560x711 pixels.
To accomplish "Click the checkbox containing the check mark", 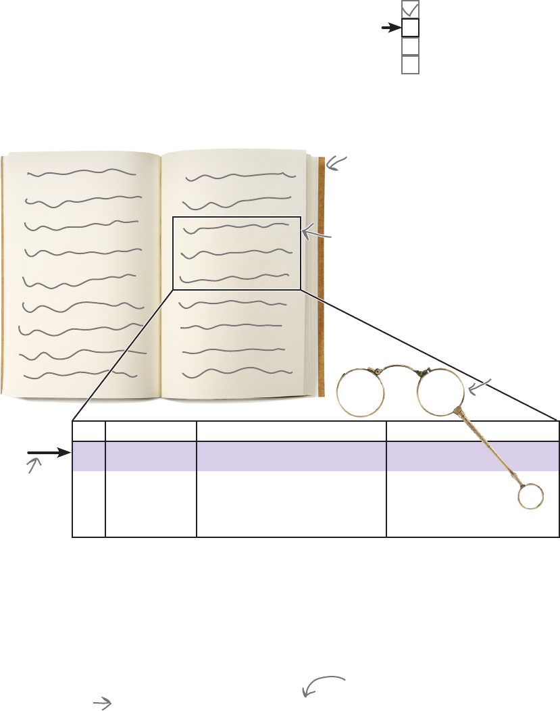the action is [x=410, y=9].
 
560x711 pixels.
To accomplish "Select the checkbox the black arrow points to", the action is [x=410, y=28].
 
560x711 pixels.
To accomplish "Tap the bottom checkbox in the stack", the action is [x=410, y=64].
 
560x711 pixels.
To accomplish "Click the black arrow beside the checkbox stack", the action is [x=390, y=28].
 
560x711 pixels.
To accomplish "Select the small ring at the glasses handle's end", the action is [x=530, y=497].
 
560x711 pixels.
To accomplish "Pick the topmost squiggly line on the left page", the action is [x=81, y=174].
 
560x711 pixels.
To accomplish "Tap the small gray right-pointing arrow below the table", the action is [x=102, y=704].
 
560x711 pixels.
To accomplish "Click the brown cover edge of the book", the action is [x=322, y=270].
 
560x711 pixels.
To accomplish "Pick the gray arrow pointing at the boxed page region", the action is [x=316, y=234].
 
